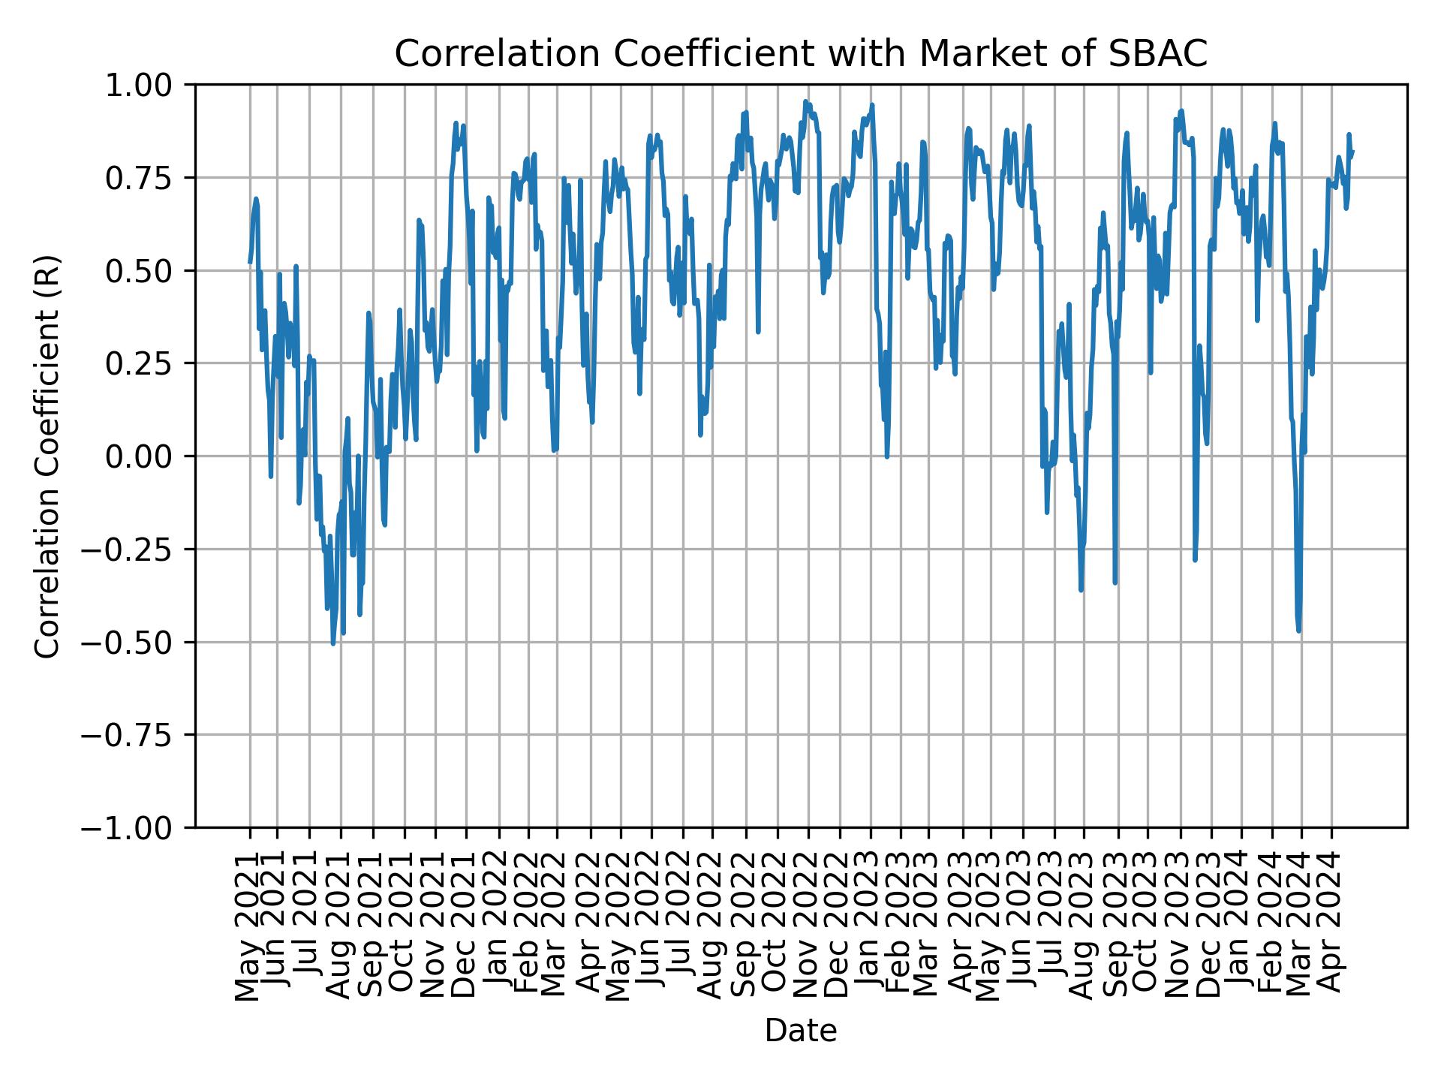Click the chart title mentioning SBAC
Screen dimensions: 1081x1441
tap(801, 54)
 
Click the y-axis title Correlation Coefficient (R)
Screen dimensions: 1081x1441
tap(47, 456)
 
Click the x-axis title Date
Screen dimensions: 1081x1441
tap(801, 1031)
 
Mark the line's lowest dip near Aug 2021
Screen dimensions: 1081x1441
tap(333, 643)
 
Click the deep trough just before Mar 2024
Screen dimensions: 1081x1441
tap(1298, 631)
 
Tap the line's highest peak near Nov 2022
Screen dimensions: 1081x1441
tap(805, 101)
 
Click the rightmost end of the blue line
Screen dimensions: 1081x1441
tap(1352, 151)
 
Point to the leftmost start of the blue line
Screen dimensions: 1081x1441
tap(250, 262)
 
